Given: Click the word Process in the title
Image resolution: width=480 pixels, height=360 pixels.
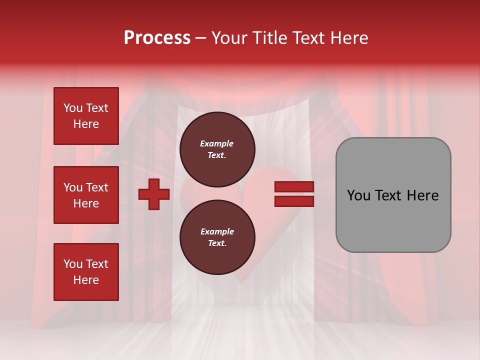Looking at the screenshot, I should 157,38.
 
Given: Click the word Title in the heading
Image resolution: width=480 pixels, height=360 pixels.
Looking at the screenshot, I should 272,38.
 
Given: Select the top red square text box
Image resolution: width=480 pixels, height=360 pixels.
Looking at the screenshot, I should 86,116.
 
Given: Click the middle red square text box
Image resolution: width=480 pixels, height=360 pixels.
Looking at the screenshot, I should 86,195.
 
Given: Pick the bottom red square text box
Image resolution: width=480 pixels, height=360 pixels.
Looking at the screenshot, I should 86,272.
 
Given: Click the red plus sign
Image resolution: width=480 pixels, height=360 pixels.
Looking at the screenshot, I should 154,194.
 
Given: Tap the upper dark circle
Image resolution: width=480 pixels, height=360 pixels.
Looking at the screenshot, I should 217,149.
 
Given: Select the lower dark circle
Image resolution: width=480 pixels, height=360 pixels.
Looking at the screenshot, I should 217,237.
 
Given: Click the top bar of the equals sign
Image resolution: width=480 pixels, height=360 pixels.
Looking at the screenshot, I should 294,187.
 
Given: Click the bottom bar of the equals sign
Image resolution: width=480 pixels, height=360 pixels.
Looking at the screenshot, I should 294,201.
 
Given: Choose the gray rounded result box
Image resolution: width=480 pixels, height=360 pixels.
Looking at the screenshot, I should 393,195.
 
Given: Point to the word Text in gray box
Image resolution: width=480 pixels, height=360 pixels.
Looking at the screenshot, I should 388,195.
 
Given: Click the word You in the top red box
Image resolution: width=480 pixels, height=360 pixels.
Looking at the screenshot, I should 73,108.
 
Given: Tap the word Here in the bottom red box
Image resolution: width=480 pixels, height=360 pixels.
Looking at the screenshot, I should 86,280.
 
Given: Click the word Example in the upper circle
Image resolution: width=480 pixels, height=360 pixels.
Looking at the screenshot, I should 217,143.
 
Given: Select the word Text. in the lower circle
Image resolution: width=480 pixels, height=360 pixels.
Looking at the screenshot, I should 217,243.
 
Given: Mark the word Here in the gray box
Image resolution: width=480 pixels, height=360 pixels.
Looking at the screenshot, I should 422,195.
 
